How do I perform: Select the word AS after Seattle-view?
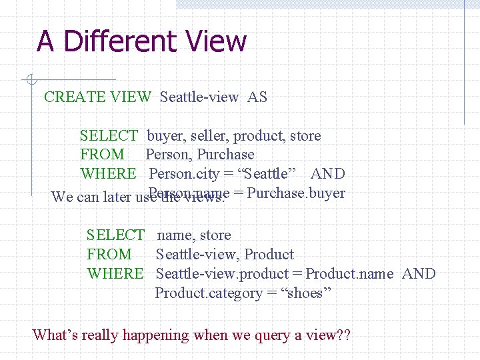coord(257,97)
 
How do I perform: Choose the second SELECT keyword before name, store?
coord(115,235)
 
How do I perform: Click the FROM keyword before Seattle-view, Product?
coord(109,255)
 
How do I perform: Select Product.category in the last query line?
coord(209,293)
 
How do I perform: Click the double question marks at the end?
coord(343,335)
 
